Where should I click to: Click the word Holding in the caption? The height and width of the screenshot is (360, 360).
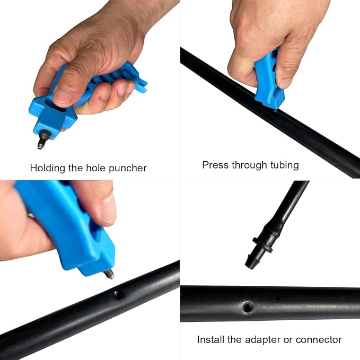click(48, 168)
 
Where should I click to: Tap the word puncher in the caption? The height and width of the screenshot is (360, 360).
click(128, 169)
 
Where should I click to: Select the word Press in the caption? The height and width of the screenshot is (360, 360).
click(215, 165)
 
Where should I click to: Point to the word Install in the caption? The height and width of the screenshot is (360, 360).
click(210, 339)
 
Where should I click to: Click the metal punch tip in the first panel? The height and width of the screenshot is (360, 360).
click(43, 139)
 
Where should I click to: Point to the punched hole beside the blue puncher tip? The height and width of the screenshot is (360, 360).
click(117, 294)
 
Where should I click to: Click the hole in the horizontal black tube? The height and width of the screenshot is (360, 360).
click(248, 307)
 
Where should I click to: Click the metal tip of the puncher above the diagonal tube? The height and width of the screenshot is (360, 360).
click(109, 274)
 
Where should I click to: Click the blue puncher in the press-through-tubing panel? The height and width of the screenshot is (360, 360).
click(269, 78)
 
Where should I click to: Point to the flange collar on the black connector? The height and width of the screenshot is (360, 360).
click(262, 245)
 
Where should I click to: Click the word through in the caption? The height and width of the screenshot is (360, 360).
click(249, 165)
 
